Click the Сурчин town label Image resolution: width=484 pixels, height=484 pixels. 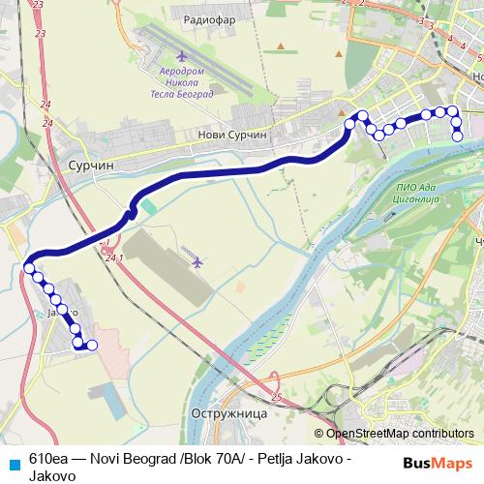(x=91, y=166)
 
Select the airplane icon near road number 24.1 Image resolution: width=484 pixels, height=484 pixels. (x=197, y=261)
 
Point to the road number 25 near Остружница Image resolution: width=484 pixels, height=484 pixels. (x=277, y=398)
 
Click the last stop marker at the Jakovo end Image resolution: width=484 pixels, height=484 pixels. (x=92, y=346)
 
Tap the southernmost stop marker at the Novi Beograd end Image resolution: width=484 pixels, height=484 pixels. (x=458, y=136)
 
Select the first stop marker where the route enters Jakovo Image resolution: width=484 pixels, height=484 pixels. (x=29, y=268)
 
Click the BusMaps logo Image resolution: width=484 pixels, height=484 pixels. (x=437, y=463)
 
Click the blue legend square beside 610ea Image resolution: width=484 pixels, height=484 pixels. (x=13, y=462)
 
